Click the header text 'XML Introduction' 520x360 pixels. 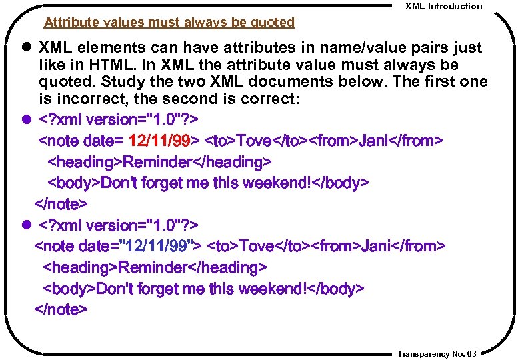pos(443,6)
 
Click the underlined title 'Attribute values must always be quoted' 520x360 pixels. pos(169,23)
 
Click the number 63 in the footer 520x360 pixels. pos(472,354)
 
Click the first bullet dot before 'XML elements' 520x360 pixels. pos(27,48)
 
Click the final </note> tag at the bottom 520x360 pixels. pos(61,310)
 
